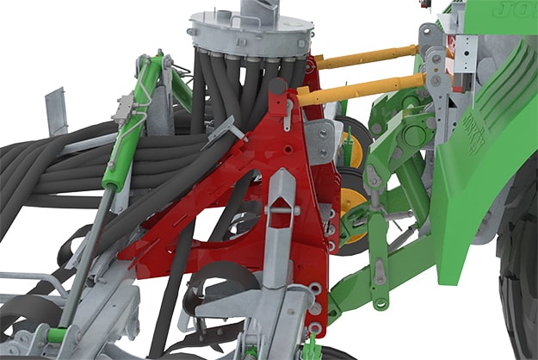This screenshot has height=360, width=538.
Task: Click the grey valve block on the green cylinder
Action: tap(126, 109)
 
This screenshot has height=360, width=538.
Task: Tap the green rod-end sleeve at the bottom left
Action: tap(57, 335)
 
